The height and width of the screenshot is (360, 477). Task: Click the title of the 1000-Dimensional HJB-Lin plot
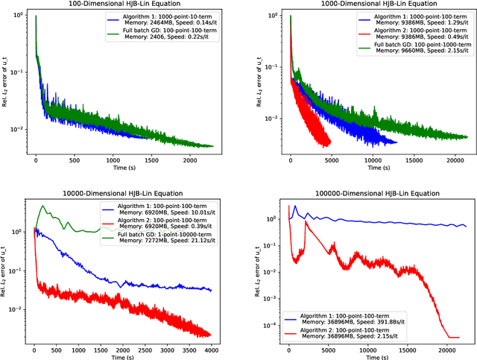[381, 4]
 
